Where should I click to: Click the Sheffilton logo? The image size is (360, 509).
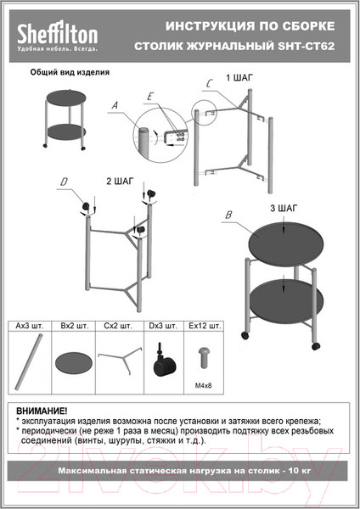pyautogui.click(x=57, y=36)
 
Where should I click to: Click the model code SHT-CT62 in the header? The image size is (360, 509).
pyautogui.click(x=307, y=46)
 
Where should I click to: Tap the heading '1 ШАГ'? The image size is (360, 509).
pyautogui.click(x=239, y=77)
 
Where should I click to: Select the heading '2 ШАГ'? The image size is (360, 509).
pyautogui.click(x=120, y=182)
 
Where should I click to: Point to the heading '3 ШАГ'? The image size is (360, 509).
pyautogui.click(x=284, y=208)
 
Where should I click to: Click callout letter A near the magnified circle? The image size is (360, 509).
pyautogui.click(x=115, y=105)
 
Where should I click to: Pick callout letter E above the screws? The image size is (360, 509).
pyautogui.click(x=150, y=97)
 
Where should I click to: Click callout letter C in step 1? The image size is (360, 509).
pyautogui.click(x=209, y=84)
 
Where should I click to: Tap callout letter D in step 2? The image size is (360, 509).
pyautogui.click(x=64, y=182)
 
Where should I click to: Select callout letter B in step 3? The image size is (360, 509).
pyautogui.click(x=228, y=215)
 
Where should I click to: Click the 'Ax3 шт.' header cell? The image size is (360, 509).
pyautogui.click(x=29, y=326)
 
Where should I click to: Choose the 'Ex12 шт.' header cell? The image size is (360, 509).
pyautogui.click(x=205, y=326)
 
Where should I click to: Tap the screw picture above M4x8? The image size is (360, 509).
pyautogui.click(x=204, y=357)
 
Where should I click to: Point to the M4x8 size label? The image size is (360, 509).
pyautogui.click(x=204, y=386)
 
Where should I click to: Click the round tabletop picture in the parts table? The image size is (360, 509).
pyautogui.click(x=73, y=363)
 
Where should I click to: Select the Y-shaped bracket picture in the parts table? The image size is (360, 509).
pyautogui.click(x=120, y=360)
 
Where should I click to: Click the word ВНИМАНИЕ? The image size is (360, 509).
pyautogui.click(x=42, y=411)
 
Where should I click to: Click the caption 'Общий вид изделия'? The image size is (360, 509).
pyautogui.click(x=70, y=72)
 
